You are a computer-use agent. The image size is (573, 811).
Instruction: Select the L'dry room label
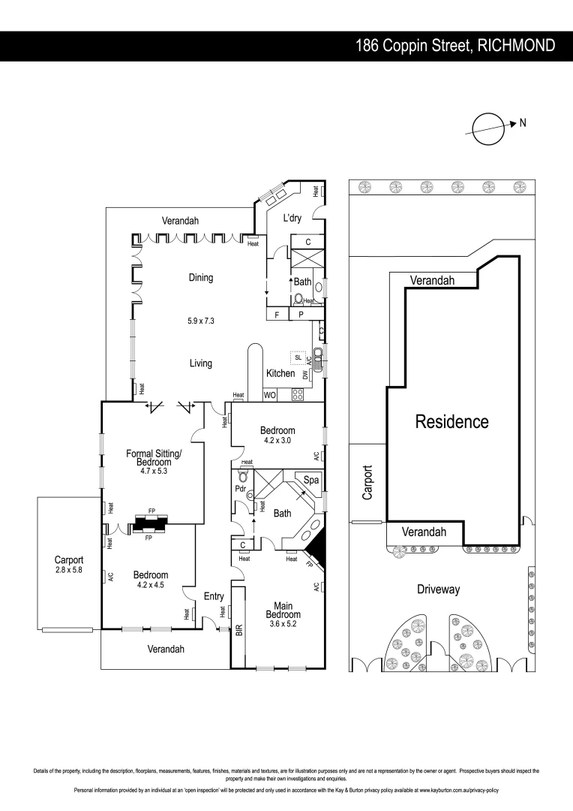(x=292, y=219)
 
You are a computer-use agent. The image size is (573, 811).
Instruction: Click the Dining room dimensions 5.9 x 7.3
(x=200, y=321)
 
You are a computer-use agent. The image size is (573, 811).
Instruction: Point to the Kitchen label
(x=280, y=373)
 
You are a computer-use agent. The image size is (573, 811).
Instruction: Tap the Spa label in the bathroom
(x=310, y=478)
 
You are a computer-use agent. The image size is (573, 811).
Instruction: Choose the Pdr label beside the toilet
(x=240, y=487)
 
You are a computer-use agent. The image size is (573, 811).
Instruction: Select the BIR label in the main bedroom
(x=238, y=629)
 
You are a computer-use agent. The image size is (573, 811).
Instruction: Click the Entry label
(x=214, y=597)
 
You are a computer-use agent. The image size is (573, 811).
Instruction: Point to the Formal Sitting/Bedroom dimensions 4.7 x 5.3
(x=154, y=472)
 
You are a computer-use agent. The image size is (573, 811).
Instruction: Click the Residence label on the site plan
(x=451, y=421)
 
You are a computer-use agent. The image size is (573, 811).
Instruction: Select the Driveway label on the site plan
(x=438, y=589)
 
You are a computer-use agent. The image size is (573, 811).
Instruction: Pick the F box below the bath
(x=277, y=315)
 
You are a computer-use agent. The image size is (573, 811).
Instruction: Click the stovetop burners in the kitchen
(x=297, y=394)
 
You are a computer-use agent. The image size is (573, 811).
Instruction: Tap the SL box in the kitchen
(x=298, y=358)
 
